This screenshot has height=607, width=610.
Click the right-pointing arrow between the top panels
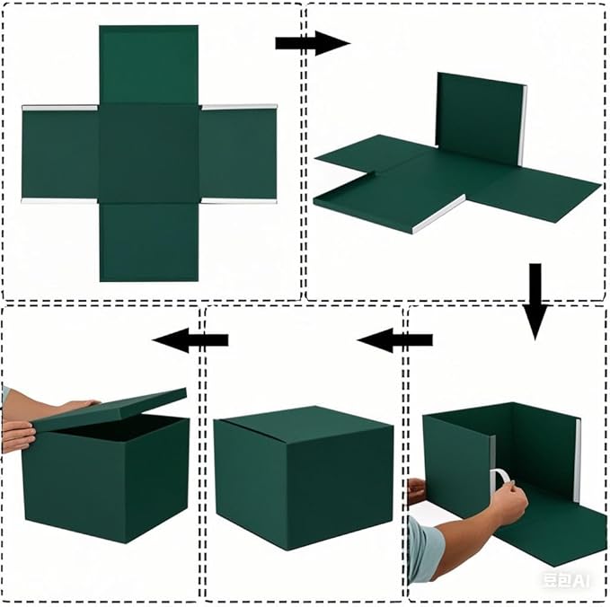(311, 43)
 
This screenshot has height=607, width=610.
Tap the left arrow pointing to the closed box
(394, 340)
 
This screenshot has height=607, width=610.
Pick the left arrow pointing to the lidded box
(190, 339)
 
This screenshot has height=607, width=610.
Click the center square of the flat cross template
(148, 153)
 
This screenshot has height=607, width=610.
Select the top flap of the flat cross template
(148, 65)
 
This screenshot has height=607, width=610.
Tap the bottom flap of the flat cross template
(148, 241)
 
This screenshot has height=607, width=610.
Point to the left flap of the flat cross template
(59, 154)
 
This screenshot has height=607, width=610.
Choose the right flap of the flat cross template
(237, 154)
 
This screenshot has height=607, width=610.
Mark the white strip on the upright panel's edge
(523, 126)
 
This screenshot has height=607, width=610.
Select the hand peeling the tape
(508, 503)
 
